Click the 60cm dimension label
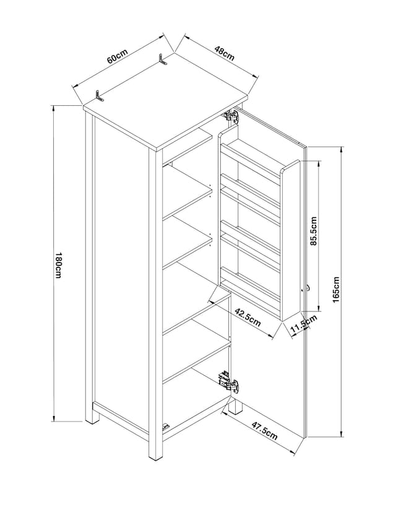118,56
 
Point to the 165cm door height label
336,290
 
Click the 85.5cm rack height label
314,231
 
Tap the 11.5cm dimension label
303,324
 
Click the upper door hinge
231,116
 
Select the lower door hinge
228,381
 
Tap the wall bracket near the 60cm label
99,95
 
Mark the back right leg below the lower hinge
236,405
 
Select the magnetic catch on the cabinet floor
165,427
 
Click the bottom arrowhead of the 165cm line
342,433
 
